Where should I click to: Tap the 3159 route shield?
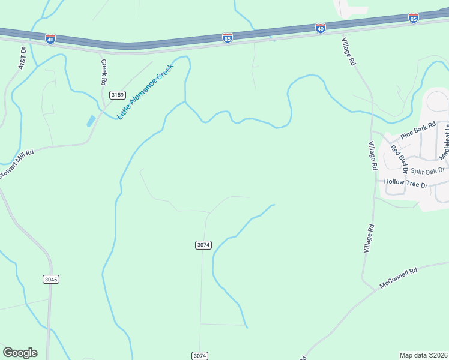tap(116, 95)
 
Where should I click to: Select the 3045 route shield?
tap(51, 279)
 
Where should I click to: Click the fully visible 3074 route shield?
tap(203, 245)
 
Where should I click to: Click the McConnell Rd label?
tap(398, 279)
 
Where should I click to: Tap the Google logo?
tap(20, 353)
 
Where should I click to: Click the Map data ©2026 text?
tap(424, 355)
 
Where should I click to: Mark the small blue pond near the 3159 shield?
tap(91, 121)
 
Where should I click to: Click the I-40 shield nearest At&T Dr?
tap(50, 38)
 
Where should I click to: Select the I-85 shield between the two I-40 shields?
tap(227, 38)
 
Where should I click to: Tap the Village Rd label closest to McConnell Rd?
tap(369, 238)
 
